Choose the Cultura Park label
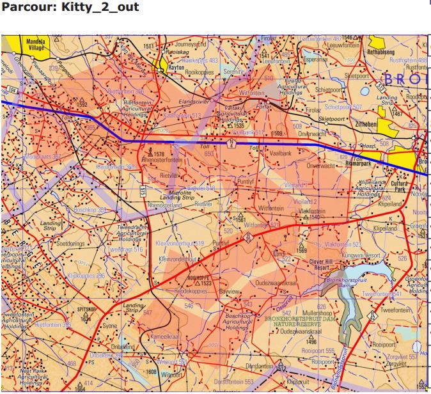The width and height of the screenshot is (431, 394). tap(400, 187)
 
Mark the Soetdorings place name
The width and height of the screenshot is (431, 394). tap(70, 243)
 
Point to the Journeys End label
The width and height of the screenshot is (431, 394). tap(192, 44)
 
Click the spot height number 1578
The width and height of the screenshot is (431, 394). tap(159, 154)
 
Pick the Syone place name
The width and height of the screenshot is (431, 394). tap(110, 326)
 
